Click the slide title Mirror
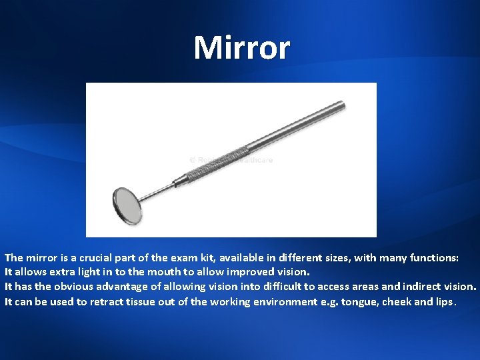point(241,48)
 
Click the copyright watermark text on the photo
point(231,160)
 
